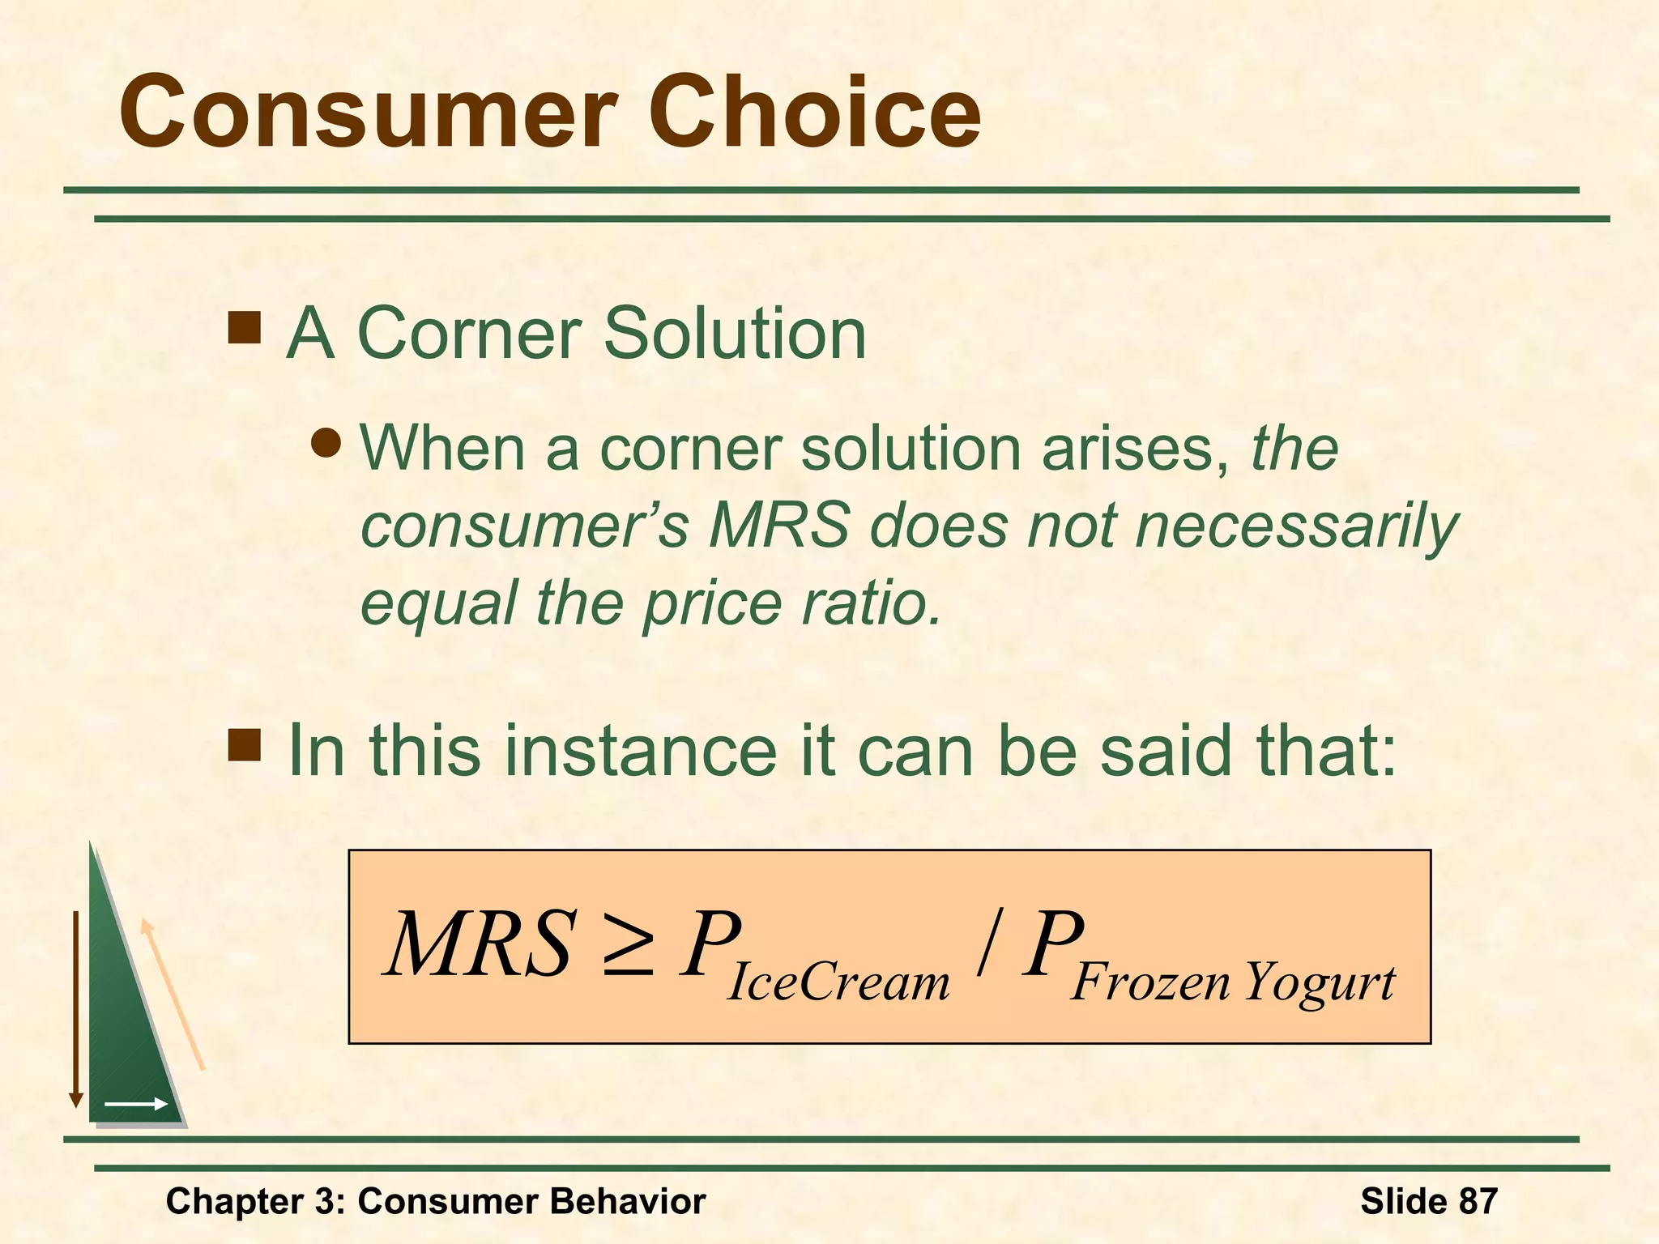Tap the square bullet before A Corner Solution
click(x=244, y=328)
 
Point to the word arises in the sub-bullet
click(x=1133, y=448)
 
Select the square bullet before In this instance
click(x=244, y=745)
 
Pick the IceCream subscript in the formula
click(x=838, y=982)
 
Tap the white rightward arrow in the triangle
click(x=135, y=1104)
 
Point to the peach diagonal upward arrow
click(x=173, y=995)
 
